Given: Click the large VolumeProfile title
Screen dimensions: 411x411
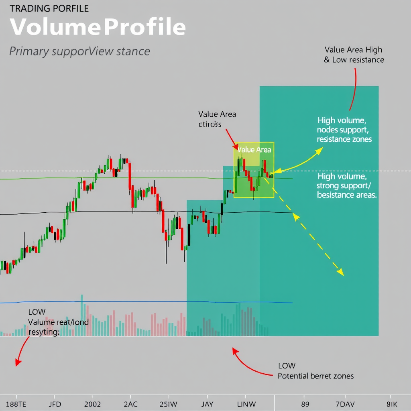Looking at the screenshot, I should [x=98, y=27].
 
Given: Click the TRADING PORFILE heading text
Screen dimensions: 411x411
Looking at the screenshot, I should [x=49, y=8].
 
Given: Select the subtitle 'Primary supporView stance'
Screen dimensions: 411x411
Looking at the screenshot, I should [x=79, y=51].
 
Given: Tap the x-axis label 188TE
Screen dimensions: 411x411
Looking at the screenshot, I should [x=16, y=404].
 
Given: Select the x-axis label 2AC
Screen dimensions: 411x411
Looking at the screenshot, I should [x=131, y=404].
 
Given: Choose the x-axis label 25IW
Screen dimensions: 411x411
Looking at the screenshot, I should [x=168, y=404].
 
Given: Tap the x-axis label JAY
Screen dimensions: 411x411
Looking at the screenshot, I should [x=207, y=404].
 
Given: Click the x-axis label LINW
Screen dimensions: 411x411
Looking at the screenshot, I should [x=247, y=404].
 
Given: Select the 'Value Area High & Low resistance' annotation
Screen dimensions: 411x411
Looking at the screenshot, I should [x=354, y=55].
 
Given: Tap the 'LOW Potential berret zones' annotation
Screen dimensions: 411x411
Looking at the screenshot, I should [x=315, y=371].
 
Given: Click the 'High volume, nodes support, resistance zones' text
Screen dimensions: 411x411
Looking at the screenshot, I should [x=344, y=130].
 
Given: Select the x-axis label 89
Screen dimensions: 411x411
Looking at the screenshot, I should [x=305, y=404].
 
